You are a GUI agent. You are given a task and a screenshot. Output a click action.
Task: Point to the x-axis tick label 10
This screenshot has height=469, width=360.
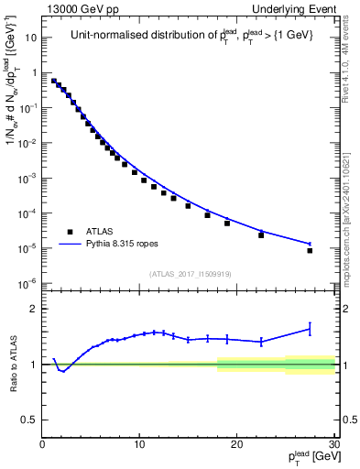tap(139, 444)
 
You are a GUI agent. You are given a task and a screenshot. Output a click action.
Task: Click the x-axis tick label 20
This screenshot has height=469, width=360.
tap(236, 444)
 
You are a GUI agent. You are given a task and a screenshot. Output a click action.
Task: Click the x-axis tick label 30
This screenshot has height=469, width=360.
tap(333, 444)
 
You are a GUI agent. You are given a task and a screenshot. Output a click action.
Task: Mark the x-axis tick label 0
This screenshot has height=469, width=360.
tap(43, 444)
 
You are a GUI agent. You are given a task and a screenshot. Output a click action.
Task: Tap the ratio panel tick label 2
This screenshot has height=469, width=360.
tap(35, 309)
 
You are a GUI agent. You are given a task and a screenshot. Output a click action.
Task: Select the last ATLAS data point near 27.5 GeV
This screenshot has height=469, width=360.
tap(310, 250)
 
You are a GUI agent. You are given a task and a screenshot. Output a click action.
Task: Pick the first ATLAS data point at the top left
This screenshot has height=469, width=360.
tap(54, 81)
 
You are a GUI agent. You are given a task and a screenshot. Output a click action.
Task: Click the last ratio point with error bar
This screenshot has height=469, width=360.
tap(310, 328)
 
